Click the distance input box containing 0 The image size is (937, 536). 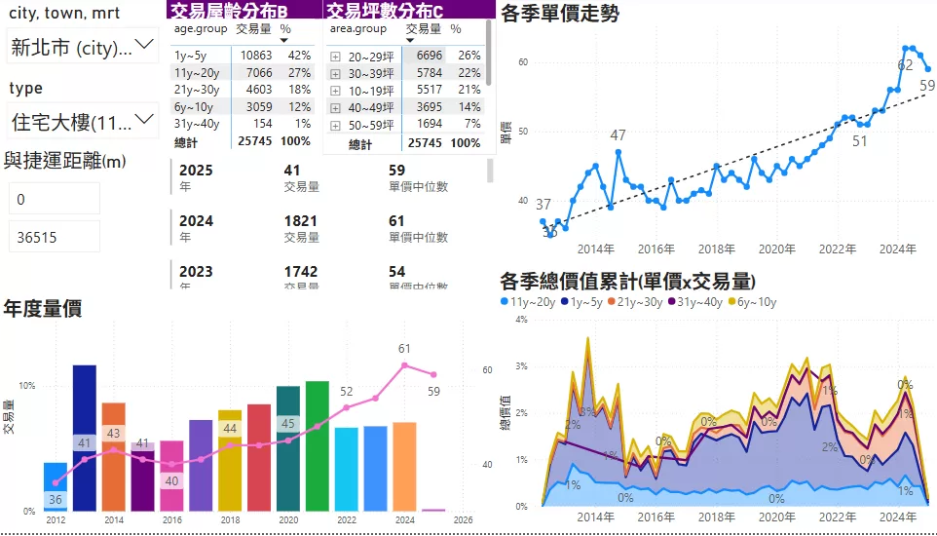click(x=55, y=199)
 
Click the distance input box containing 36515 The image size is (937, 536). click(x=55, y=236)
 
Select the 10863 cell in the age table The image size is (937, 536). click(x=250, y=56)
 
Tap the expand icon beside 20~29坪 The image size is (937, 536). click(x=335, y=57)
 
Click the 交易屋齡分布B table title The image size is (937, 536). click(x=228, y=11)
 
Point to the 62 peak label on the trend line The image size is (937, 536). click(x=905, y=64)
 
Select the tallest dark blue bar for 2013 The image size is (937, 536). click(x=85, y=439)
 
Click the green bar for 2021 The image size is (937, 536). click(x=317, y=445)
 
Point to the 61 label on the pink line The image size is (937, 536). click(x=405, y=348)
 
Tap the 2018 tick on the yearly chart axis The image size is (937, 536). click(x=230, y=520)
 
